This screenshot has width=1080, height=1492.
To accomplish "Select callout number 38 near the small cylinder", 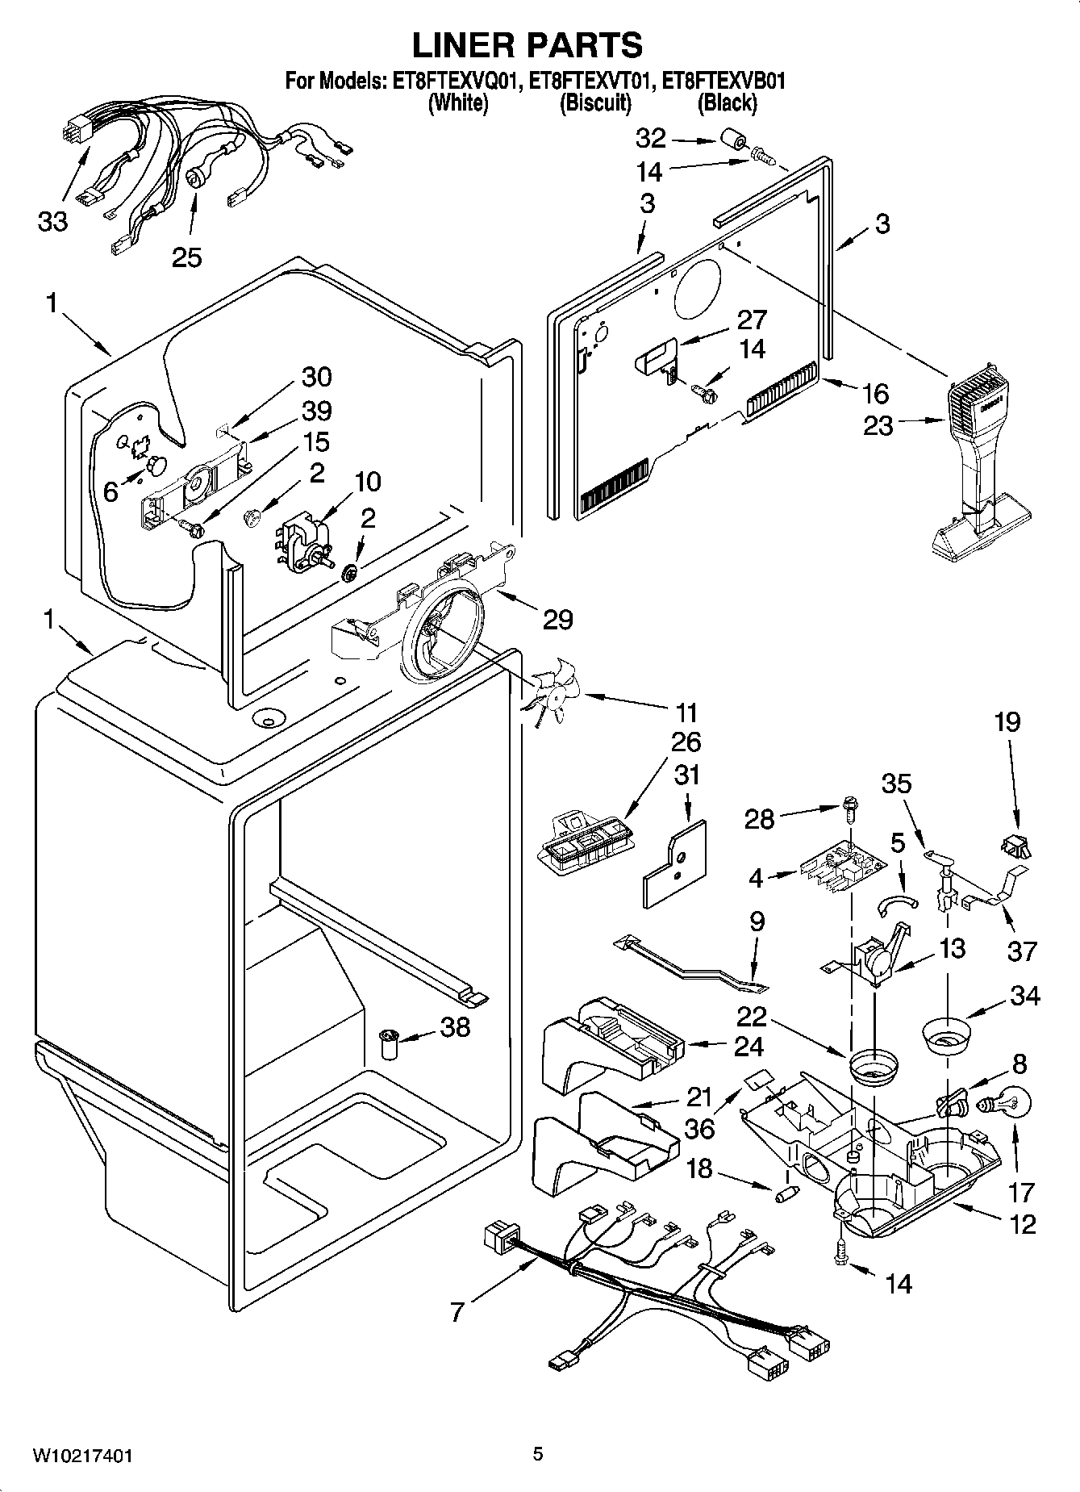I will [x=454, y=1026].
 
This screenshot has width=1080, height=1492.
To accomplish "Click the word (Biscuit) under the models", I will [x=594, y=103].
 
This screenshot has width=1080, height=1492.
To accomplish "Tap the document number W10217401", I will [x=83, y=1456].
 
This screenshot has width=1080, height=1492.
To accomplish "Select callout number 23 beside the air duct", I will [x=878, y=424].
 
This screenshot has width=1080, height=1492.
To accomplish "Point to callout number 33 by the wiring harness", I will [x=52, y=221].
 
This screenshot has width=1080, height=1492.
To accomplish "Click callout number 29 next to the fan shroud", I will [x=557, y=620].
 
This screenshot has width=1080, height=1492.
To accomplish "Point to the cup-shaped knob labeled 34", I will [x=944, y=1037].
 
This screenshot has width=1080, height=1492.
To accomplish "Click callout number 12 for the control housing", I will [x=1022, y=1224].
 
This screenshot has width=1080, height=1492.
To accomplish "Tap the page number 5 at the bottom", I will [x=538, y=1455].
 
